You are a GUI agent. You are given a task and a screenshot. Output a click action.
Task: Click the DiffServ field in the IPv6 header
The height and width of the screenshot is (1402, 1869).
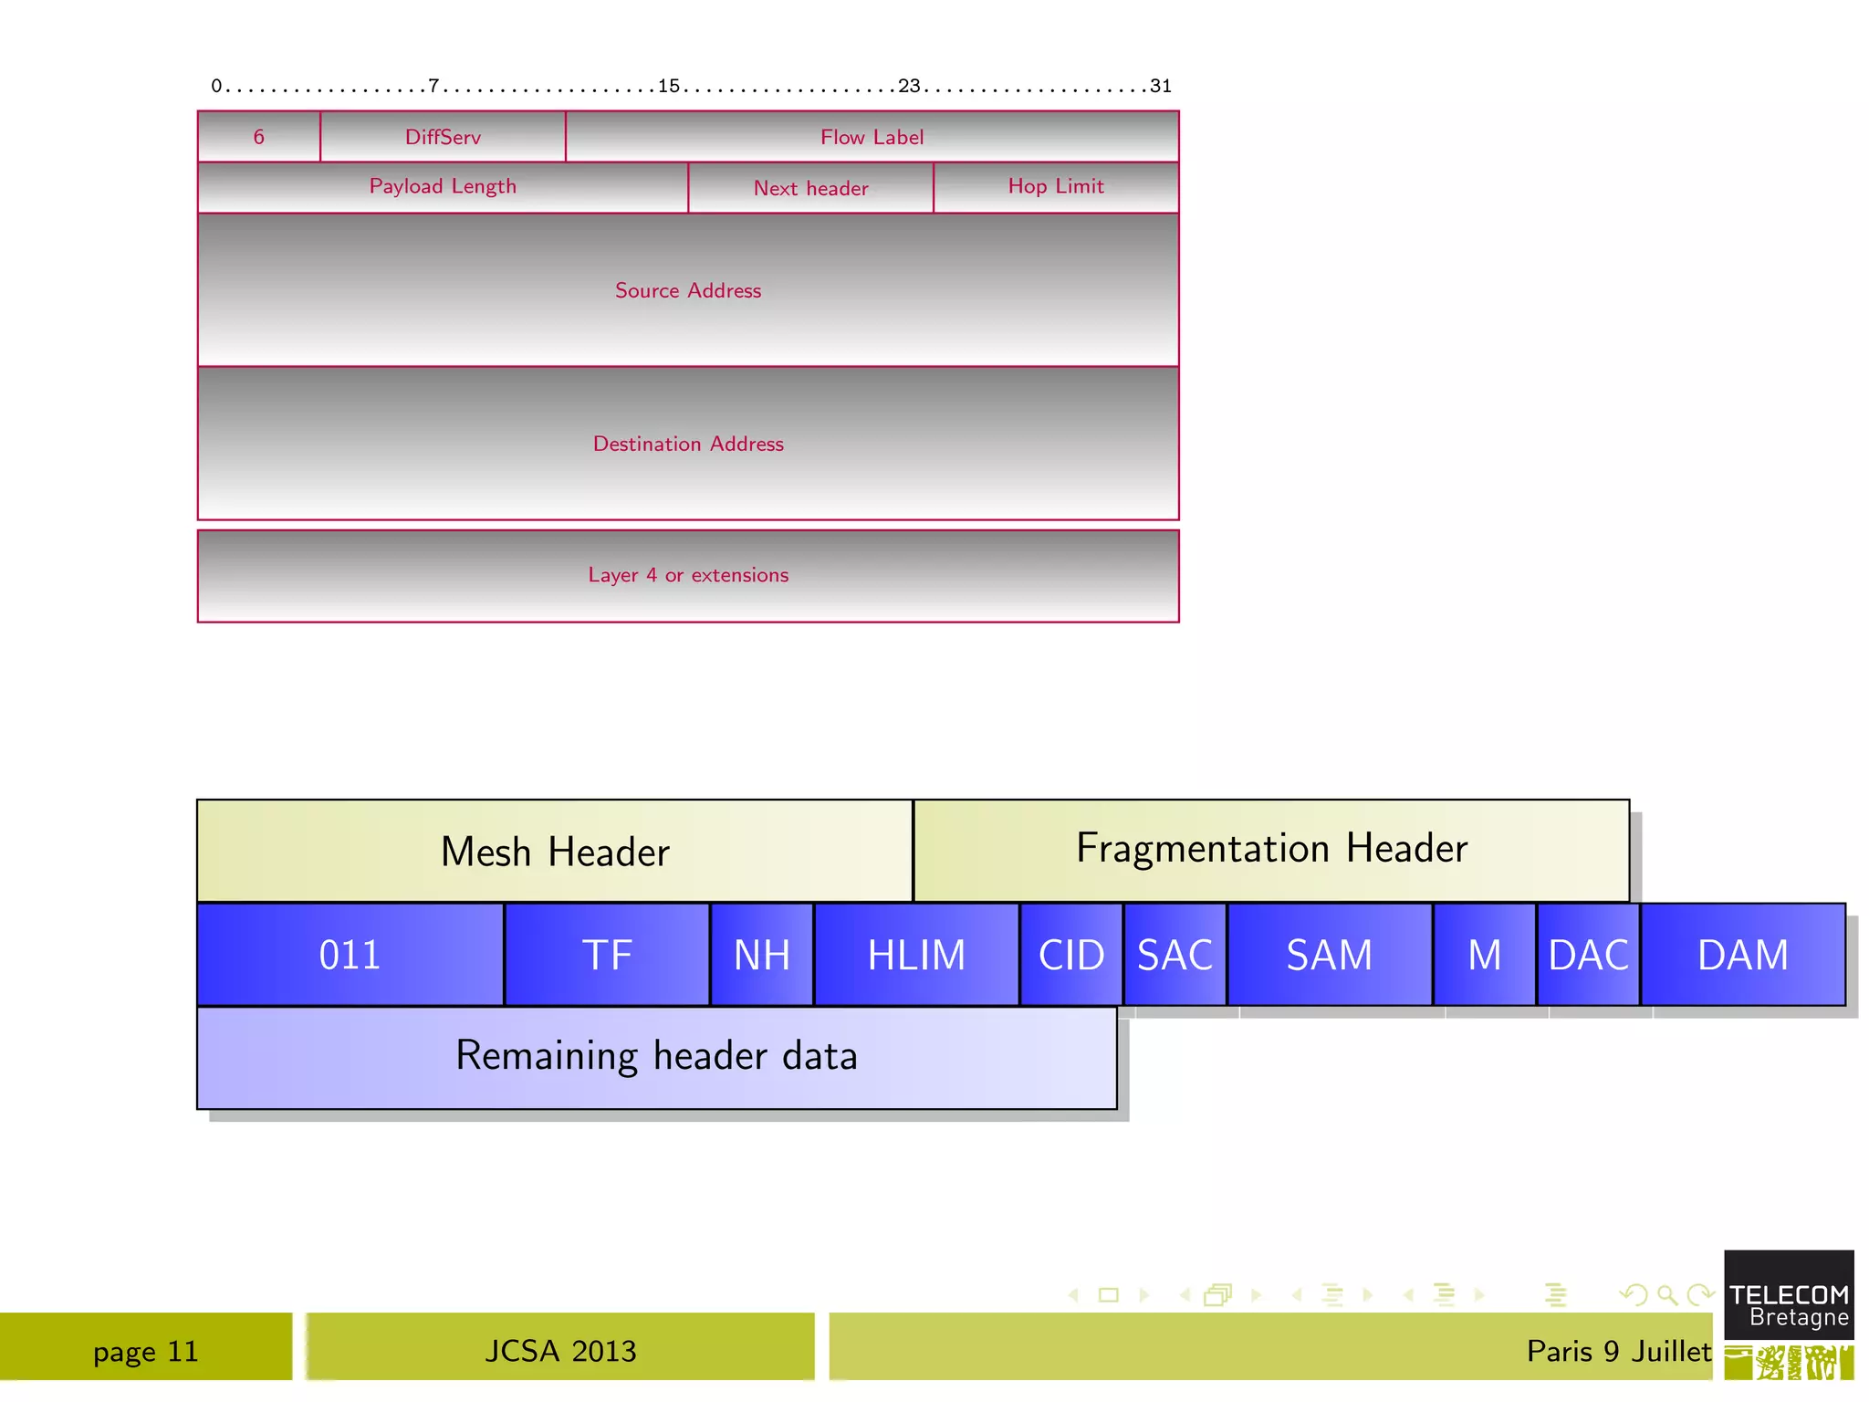[x=443, y=137]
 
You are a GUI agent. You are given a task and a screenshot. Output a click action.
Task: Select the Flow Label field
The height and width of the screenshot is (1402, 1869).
[x=872, y=137]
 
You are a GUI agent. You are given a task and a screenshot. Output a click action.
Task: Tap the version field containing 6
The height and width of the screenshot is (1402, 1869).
[x=258, y=137]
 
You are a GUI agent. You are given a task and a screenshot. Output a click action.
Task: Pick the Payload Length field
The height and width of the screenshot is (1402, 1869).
[x=443, y=187]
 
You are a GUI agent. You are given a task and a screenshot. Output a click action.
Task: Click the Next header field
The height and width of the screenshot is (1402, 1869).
[x=810, y=188]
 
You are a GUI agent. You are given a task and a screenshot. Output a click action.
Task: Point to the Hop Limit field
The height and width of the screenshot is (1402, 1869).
[x=1056, y=187]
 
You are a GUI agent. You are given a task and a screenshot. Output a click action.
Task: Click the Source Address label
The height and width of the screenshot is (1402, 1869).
[x=687, y=290]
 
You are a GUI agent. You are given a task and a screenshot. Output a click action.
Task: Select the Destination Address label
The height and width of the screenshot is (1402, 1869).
[x=687, y=444]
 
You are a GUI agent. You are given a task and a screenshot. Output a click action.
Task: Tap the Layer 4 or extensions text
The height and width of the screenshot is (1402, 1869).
[x=687, y=575]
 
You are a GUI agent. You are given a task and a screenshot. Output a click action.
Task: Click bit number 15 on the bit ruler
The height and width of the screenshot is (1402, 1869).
[x=669, y=86]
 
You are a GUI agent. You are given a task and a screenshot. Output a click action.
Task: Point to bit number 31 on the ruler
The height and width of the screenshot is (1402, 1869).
[x=1160, y=86]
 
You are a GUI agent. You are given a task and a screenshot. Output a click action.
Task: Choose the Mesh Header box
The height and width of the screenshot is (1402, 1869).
[x=555, y=851]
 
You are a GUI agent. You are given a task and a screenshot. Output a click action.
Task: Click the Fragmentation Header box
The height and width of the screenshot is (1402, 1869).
[x=1271, y=849]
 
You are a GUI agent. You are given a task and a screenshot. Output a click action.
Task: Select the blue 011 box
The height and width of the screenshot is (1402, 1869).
[x=350, y=955]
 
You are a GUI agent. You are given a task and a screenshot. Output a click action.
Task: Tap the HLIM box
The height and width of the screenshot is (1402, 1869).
[x=916, y=955]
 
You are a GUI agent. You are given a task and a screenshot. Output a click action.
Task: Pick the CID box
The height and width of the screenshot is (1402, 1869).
[x=1071, y=955]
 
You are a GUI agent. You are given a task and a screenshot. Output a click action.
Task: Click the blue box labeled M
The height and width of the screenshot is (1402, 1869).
[x=1484, y=955]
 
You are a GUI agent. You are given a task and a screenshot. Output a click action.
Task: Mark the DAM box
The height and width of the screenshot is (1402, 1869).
[x=1742, y=955]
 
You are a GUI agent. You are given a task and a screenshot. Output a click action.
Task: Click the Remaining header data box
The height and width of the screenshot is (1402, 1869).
[x=656, y=1057]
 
